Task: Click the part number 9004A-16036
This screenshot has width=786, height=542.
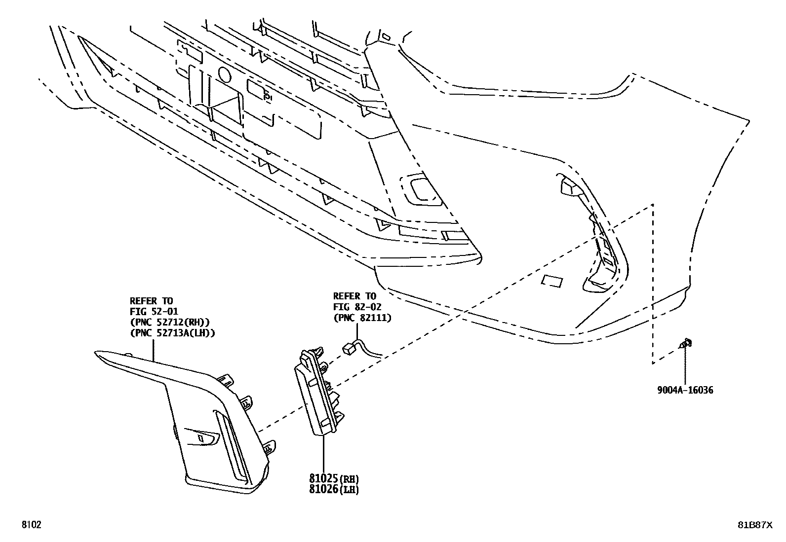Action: pos(685,390)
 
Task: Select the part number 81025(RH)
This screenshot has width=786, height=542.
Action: pos(334,478)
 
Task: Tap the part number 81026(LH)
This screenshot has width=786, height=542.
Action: pos(334,490)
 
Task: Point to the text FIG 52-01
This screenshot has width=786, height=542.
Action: pos(154,311)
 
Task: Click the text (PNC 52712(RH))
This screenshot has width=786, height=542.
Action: pos(169,322)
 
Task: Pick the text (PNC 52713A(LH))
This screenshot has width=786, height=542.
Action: pos(172,333)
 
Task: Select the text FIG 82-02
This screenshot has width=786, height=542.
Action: pos(357,307)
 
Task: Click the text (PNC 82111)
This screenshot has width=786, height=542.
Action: pos(362,318)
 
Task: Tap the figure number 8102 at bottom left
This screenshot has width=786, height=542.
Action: pos(31,525)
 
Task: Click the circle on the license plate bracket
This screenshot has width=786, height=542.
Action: pos(224,75)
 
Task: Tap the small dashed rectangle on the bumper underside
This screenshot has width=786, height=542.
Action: pos(552,281)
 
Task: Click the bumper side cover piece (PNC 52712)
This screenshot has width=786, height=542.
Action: pos(197,419)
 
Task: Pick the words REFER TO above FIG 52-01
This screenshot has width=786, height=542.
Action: pos(151,300)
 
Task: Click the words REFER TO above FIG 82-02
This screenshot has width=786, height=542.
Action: pos(354,296)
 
